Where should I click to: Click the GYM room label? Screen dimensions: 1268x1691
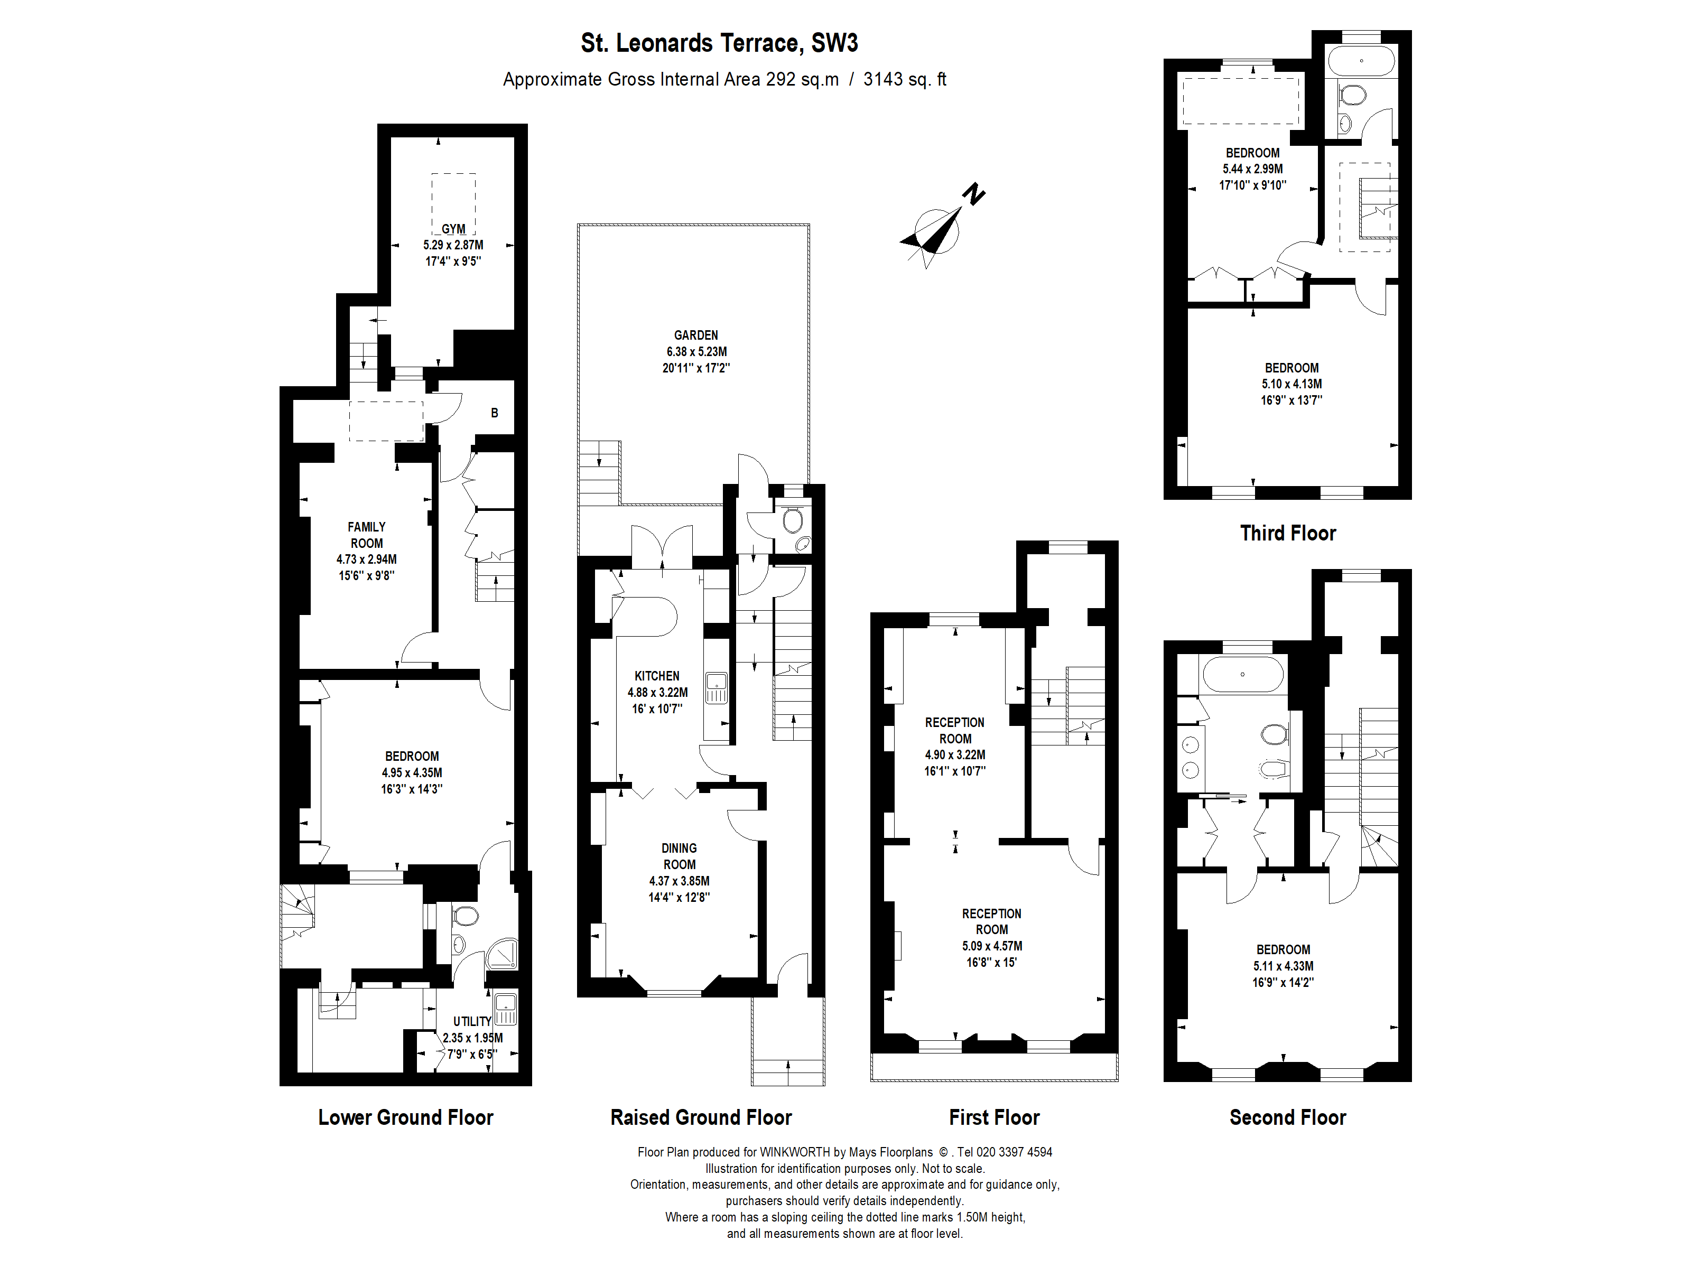click(453, 229)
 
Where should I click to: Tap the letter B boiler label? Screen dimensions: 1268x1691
click(495, 413)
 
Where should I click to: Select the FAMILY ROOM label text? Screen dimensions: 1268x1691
click(367, 535)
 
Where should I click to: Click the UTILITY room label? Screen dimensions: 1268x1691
click(472, 1021)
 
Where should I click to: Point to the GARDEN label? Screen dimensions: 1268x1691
click(695, 335)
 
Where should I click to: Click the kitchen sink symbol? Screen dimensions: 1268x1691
click(717, 687)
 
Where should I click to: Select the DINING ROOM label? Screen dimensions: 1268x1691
click(679, 856)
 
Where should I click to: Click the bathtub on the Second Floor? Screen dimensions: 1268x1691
click(1242, 675)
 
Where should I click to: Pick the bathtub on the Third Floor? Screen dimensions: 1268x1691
click(1361, 60)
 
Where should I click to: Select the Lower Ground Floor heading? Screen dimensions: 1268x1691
click(405, 1117)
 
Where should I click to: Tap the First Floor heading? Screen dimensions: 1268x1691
click(994, 1117)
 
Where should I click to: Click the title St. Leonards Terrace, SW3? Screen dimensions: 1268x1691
click(719, 43)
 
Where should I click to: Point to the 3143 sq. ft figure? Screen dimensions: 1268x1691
click(904, 79)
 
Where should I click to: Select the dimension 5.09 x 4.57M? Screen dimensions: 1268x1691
click(991, 946)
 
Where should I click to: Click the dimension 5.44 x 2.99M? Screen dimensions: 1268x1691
click(1252, 169)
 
